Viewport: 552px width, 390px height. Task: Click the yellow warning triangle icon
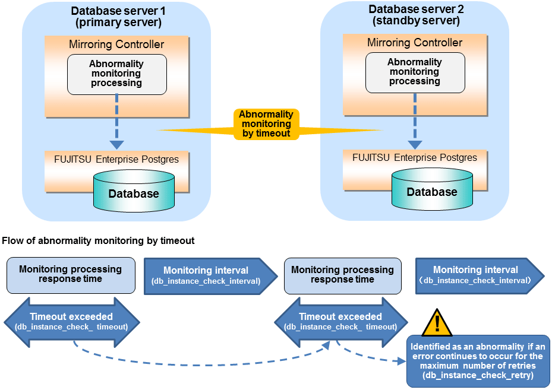click(437, 322)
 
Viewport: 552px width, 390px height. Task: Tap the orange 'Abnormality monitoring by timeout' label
click(266, 124)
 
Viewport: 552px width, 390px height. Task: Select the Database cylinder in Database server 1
click(134, 193)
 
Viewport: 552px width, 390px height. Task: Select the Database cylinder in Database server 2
click(432, 191)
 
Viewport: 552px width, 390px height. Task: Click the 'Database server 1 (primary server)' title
click(116, 17)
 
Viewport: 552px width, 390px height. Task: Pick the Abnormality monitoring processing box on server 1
click(116, 74)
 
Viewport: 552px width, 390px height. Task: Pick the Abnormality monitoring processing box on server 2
click(415, 72)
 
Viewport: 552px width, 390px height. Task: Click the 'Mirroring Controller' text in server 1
click(116, 45)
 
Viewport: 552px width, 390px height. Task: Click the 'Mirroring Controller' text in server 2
click(415, 43)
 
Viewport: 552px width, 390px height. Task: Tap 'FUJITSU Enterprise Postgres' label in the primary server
click(116, 159)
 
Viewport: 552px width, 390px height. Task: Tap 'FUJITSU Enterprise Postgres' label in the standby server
click(415, 157)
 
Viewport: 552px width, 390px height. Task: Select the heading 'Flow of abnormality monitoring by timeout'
click(98, 241)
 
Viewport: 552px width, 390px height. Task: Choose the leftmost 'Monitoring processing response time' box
click(71, 275)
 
